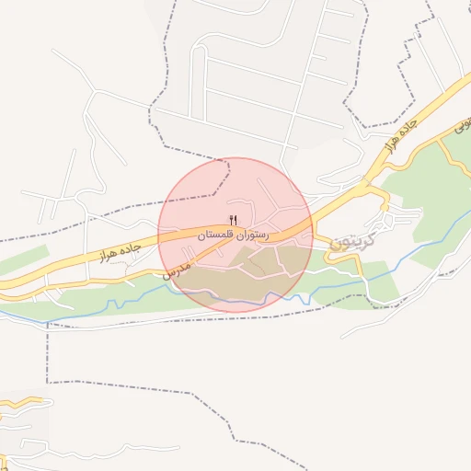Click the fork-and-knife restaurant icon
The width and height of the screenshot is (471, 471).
[x=233, y=220]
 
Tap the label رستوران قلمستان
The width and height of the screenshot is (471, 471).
[x=232, y=235]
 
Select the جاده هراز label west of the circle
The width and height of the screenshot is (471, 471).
[x=117, y=247]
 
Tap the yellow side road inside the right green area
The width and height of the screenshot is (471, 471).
[x=454, y=162]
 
